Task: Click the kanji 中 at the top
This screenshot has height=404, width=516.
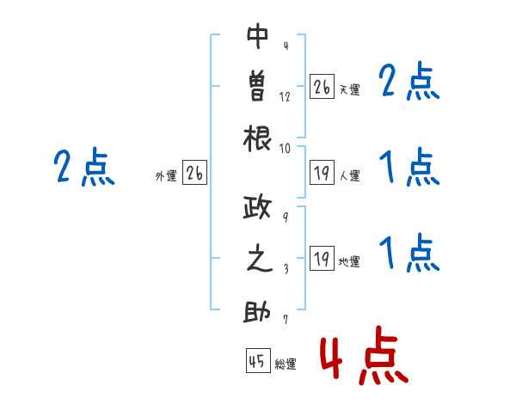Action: click(258, 35)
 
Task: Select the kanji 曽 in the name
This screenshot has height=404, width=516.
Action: click(257, 87)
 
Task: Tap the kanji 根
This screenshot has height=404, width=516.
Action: click(257, 138)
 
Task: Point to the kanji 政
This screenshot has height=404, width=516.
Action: click(256, 206)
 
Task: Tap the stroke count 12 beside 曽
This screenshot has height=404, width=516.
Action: click(285, 97)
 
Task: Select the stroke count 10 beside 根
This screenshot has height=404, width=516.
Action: click(285, 149)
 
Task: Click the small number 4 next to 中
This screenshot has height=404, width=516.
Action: click(286, 45)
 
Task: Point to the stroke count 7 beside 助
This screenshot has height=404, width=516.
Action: click(286, 320)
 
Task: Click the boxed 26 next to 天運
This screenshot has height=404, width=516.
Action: click(322, 86)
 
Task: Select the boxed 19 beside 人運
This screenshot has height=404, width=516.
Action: click(322, 173)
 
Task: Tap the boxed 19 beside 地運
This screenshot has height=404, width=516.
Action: click(322, 258)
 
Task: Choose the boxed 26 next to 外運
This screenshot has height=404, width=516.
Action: click(194, 173)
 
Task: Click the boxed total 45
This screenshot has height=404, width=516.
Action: click(258, 360)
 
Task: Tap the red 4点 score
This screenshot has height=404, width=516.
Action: click(365, 355)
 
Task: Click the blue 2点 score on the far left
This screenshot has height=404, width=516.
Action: click(84, 167)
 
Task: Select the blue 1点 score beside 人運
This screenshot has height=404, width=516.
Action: click(409, 167)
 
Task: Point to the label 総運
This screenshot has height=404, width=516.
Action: click(286, 364)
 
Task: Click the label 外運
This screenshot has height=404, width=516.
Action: click(166, 176)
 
